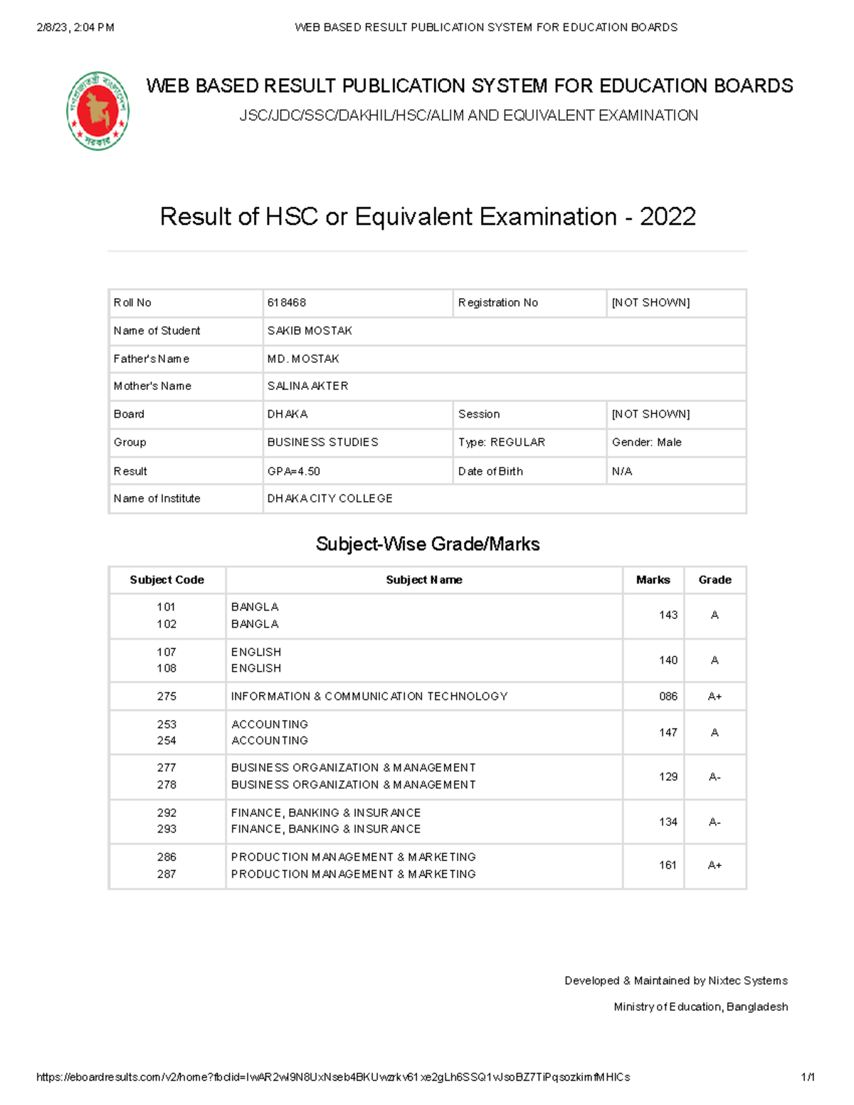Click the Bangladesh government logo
98,111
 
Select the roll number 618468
287,302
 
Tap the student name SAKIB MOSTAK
310,331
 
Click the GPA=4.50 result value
293,471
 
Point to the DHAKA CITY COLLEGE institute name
330,499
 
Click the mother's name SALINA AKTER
307,386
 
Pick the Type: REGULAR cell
501,443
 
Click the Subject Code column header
167,580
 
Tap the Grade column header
715,580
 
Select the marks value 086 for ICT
668,697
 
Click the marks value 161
668,865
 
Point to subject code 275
167,697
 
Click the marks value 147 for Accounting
668,732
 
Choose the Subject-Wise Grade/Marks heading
427,544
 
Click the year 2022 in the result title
667,216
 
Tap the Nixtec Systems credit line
675,980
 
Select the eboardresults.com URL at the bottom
332,1077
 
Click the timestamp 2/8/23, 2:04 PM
75,28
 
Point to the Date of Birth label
490,471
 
